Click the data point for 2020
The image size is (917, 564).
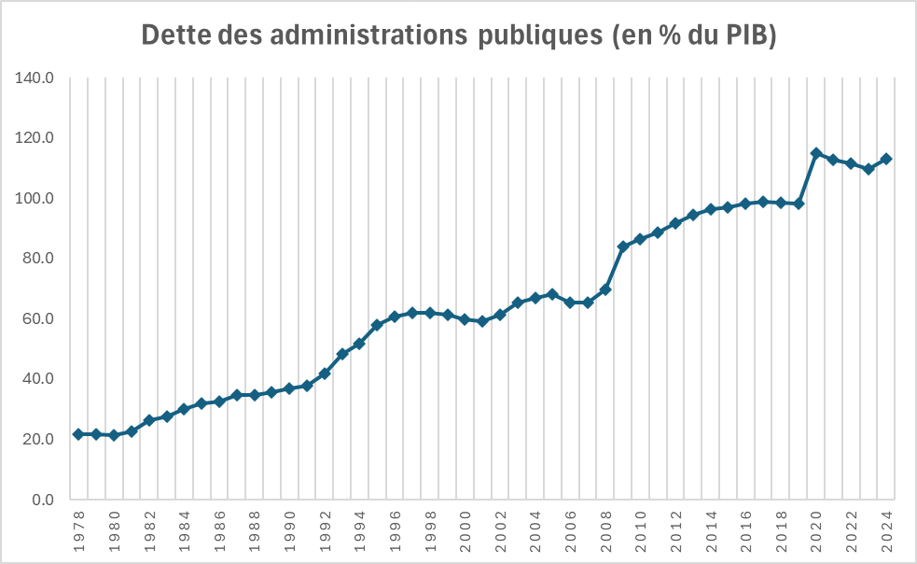click(x=816, y=153)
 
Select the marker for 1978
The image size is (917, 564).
click(x=78, y=434)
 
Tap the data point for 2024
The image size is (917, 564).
click(x=886, y=159)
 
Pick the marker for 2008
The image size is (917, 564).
click(x=605, y=289)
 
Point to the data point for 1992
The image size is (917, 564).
click(x=325, y=374)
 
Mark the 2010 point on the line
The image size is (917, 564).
click(x=641, y=239)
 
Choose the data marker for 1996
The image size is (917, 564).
click(x=395, y=317)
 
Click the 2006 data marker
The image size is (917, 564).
click(x=570, y=303)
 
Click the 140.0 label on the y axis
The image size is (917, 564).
click(x=36, y=78)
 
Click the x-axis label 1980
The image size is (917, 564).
click(x=114, y=530)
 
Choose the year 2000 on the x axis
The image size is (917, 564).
click(x=465, y=530)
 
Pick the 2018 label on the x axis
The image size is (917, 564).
click(x=781, y=530)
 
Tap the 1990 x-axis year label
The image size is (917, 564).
click(x=289, y=530)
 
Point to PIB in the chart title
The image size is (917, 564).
click(x=747, y=35)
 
